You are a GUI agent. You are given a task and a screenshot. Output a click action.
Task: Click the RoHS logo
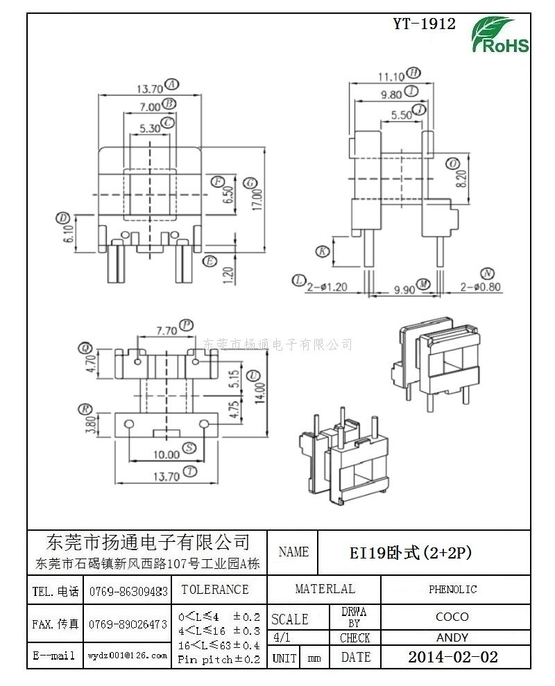tap(500, 36)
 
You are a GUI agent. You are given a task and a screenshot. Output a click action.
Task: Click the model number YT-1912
tap(424, 24)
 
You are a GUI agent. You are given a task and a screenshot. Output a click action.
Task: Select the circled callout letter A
tap(171, 85)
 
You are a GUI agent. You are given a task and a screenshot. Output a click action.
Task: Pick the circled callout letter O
tap(452, 164)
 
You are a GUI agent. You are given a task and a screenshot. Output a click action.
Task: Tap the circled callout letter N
tap(488, 273)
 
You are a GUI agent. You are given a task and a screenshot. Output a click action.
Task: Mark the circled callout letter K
tap(322, 251)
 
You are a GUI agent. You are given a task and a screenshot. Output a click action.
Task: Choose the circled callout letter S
tap(189, 447)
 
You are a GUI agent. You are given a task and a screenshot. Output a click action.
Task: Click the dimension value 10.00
tap(167, 455)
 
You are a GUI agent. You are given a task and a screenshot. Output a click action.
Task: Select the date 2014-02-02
tap(452, 657)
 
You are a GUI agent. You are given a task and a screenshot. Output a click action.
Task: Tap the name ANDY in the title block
tap(452, 637)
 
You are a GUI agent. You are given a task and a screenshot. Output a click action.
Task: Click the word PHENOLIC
tap(452, 590)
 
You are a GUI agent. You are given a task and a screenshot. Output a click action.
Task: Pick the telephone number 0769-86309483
tap(128, 591)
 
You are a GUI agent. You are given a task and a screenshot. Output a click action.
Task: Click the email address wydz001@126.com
tap(128, 655)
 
